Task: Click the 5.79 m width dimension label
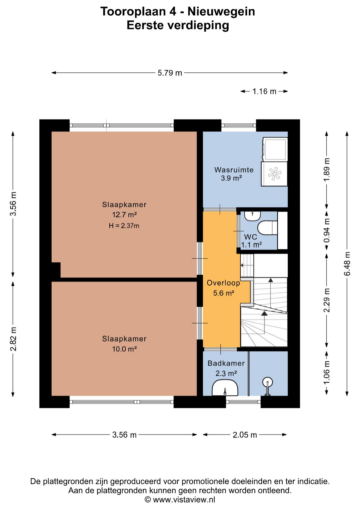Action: [170, 73]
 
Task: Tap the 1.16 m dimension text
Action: [264, 91]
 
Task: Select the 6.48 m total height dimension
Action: [347, 264]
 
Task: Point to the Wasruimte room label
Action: [234, 170]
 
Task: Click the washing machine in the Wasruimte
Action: [274, 149]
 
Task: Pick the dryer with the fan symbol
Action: [274, 174]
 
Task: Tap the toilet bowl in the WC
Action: [267, 227]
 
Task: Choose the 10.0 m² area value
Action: [124, 349]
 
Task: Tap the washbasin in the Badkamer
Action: [225, 388]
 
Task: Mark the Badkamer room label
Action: [226, 363]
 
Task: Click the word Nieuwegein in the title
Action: [221, 12]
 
